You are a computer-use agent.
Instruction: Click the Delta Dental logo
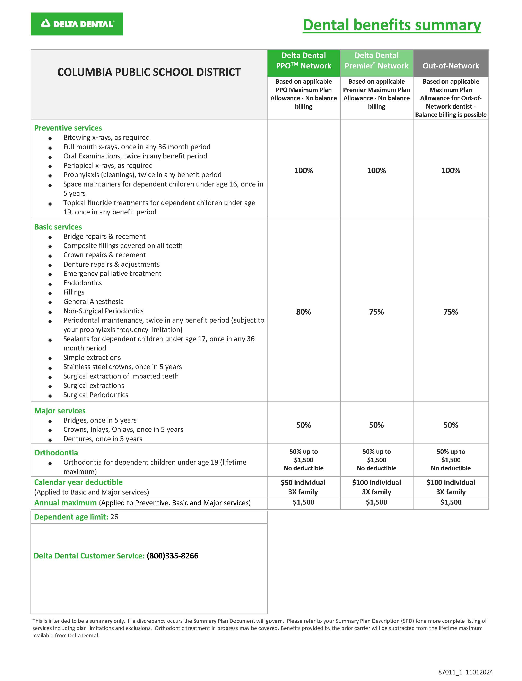click(x=77, y=24)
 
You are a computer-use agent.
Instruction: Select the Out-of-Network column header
click(x=451, y=66)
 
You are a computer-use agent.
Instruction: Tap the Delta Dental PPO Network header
click(x=304, y=61)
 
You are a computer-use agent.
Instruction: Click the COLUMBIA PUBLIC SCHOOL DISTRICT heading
click(x=149, y=72)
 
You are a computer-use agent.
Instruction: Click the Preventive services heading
click(x=68, y=128)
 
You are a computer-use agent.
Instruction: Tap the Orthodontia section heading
click(x=56, y=453)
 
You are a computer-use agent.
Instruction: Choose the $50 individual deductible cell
click(x=303, y=482)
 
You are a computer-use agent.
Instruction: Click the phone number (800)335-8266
click(x=172, y=556)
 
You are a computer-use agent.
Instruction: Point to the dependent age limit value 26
click(x=114, y=517)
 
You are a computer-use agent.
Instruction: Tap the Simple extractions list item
click(x=92, y=357)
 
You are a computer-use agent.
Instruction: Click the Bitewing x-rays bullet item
click(x=106, y=138)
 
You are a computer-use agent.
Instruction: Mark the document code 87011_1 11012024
click(x=465, y=672)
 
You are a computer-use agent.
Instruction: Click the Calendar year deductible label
click(x=78, y=482)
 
